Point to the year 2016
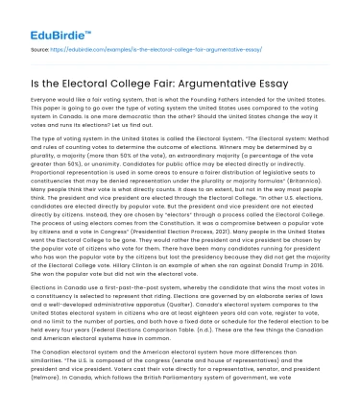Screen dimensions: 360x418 click(x=341, y=264)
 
